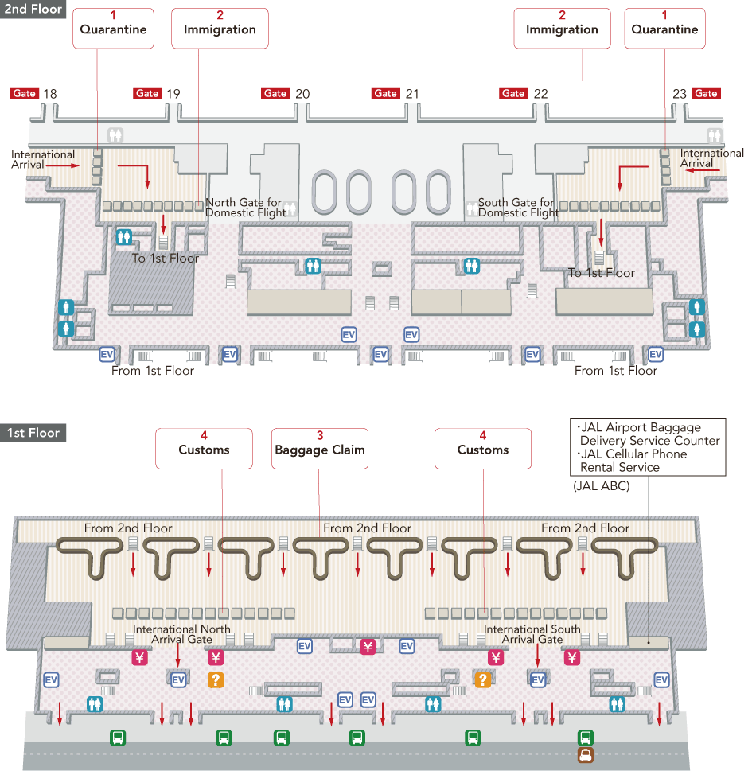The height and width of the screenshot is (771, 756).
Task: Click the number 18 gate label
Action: [49, 94]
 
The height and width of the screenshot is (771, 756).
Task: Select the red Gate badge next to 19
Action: [147, 94]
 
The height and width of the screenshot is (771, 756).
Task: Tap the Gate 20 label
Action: [302, 94]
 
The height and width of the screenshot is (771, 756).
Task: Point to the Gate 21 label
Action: [411, 94]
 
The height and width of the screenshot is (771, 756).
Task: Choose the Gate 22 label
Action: [540, 94]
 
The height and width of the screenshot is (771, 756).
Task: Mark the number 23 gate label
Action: [679, 94]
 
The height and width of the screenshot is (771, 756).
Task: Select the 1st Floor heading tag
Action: [33, 434]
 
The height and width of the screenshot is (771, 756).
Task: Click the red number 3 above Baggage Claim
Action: [320, 436]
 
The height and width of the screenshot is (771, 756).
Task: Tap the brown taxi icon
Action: [585, 756]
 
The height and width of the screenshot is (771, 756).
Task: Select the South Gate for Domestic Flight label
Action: [518, 208]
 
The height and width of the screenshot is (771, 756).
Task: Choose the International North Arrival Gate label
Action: [181, 634]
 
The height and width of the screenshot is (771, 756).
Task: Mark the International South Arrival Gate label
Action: [532, 634]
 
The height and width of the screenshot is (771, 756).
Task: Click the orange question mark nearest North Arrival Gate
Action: [216, 679]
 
